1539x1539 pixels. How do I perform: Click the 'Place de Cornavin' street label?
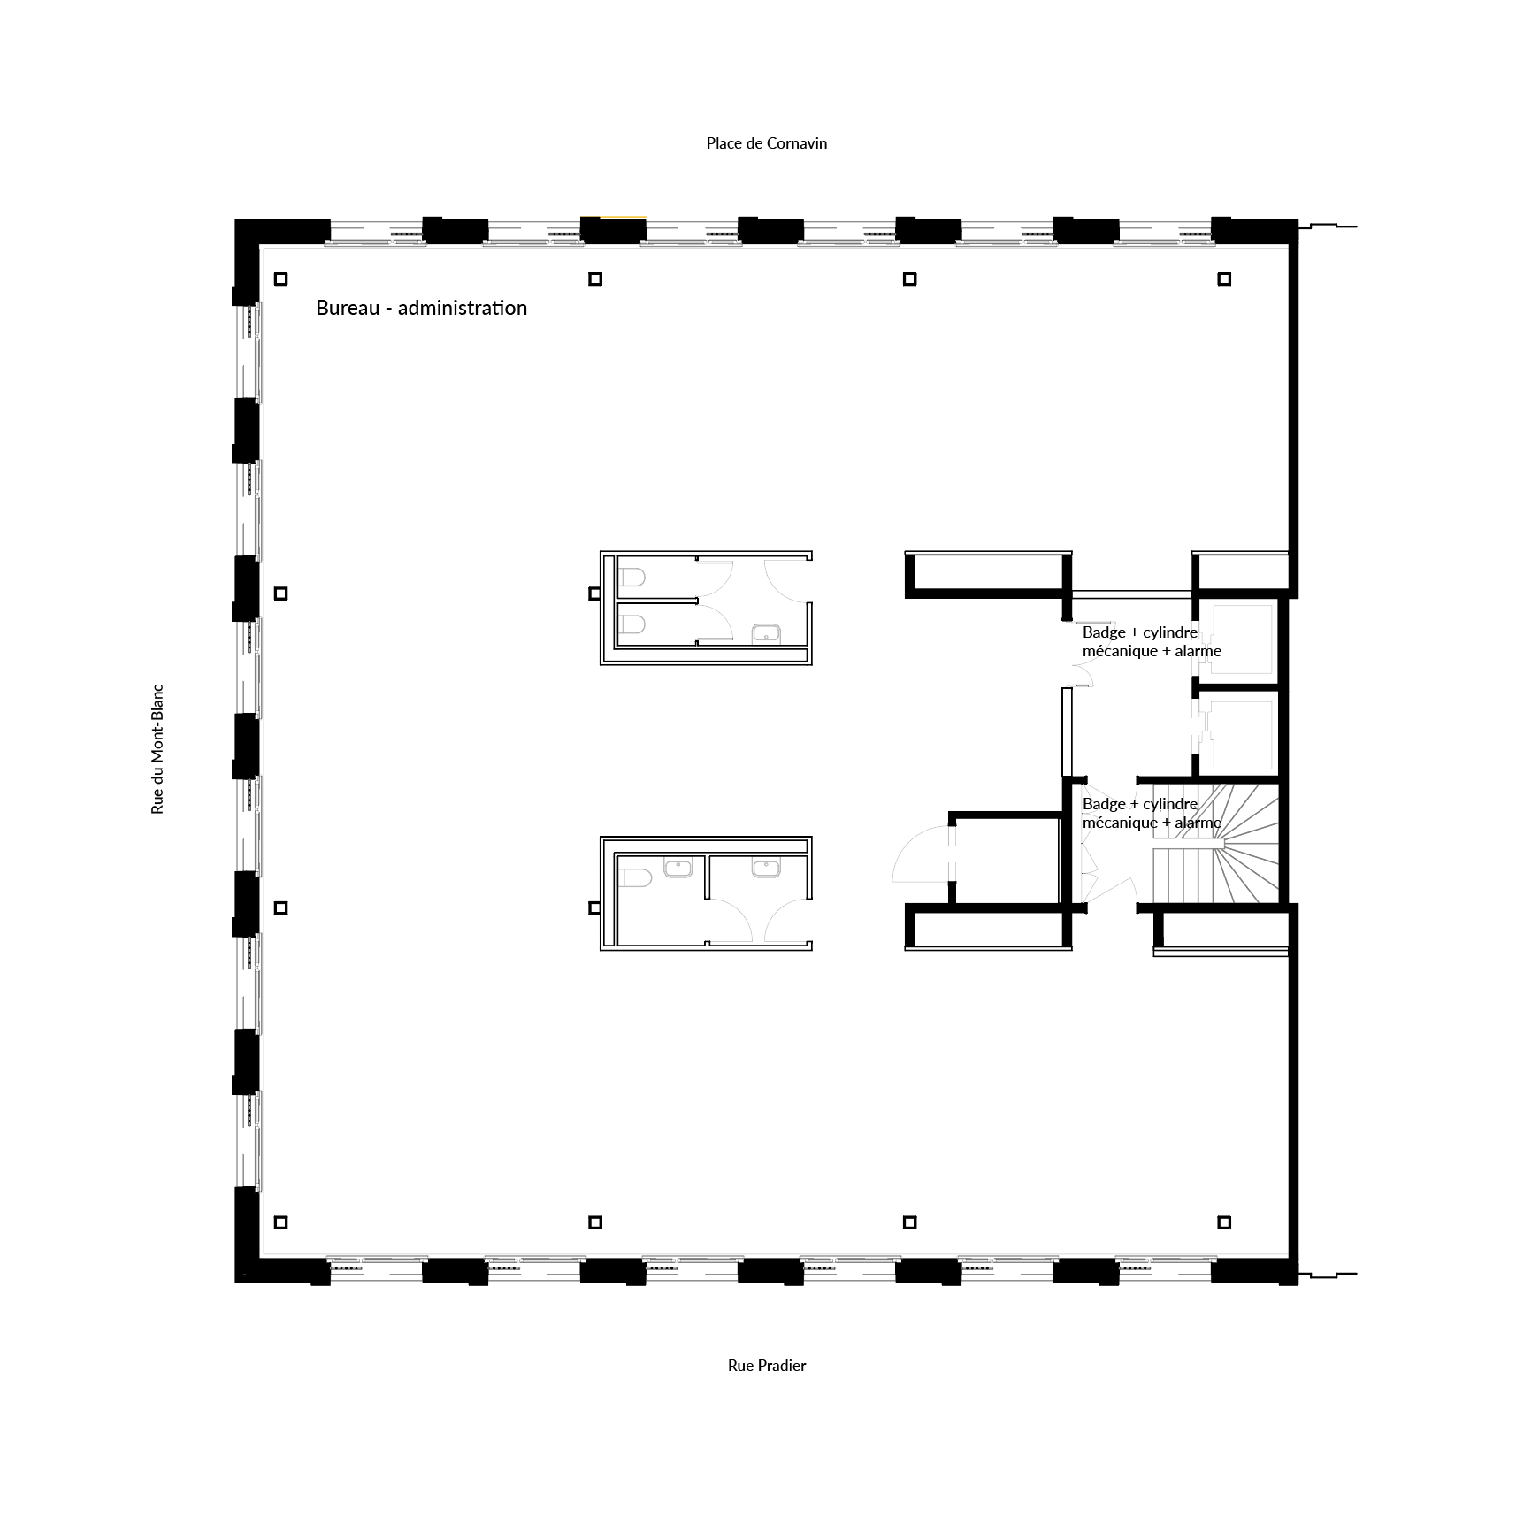[x=766, y=143]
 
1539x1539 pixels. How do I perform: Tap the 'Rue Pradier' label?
[x=767, y=1365]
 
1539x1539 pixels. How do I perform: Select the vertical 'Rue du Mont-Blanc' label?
[x=157, y=748]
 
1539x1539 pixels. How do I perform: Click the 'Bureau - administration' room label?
[x=421, y=308]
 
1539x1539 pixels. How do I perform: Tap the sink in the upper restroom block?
[x=766, y=632]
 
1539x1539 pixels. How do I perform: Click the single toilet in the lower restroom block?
[x=634, y=877]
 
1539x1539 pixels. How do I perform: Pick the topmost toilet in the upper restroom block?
[x=632, y=578]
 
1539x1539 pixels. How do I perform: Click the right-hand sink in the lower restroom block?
[x=766, y=869]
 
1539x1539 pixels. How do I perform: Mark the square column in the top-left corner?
[x=281, y=279]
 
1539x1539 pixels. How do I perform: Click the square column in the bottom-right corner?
[x=1224, y=1222]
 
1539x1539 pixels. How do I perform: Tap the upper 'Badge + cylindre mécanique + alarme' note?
[x=1152, y=641]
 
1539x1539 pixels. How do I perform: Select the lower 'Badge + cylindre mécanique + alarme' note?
[x=1152, y=813]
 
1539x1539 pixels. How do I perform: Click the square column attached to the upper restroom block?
[x=595, y=593]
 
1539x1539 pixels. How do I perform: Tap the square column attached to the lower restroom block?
[x=595, y=908]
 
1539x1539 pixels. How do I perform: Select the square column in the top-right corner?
[x=1224, y=279]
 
